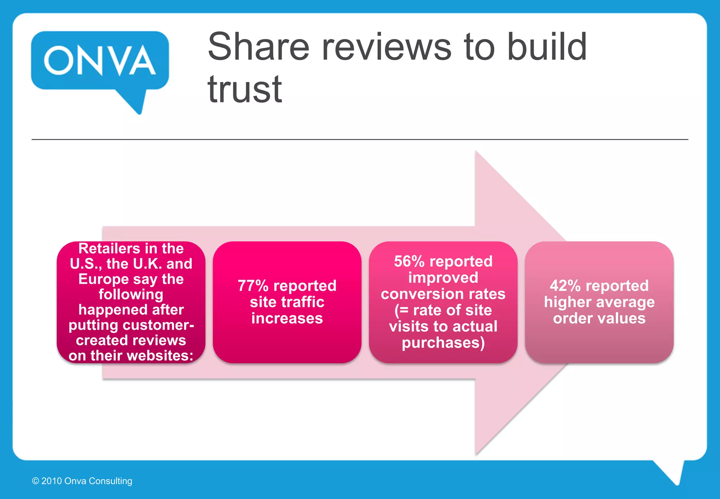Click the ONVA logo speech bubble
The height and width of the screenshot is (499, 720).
pyautogui.click(x=100, y=61)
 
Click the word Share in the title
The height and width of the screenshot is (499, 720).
pyautogui.click(x=259, y=47)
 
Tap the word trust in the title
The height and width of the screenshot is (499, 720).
pyautogui.click(x=245, y=89)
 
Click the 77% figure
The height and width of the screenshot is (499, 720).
pyautogui.click(x=253, y=286)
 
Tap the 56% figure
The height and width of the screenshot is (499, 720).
pyautogui.click(x=409, y=261)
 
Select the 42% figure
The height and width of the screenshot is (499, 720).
pyautogui.click(x=565, y=286)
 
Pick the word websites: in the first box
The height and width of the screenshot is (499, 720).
pyautogui.click(x=161, y=355)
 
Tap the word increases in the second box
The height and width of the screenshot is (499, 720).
pyautogui.click(x=287, y=318)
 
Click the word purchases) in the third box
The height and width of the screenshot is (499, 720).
pyautogui.click(x=443, y=343)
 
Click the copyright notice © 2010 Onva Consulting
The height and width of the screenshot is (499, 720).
pyautogui.click(x=82, y=481)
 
